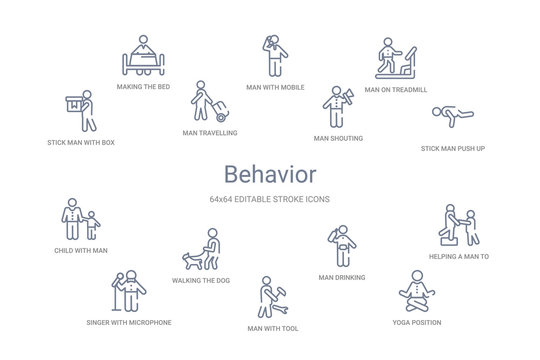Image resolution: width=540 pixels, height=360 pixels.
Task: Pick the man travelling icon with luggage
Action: (x=209, y=101)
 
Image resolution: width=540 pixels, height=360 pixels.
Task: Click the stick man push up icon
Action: (x=453, y=119)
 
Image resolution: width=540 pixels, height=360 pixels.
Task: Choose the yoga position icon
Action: (x=414, y=291)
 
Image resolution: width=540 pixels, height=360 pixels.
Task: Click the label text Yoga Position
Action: (x=414, y=322)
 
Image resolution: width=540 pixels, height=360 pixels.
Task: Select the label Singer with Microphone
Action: (x=128, y=323)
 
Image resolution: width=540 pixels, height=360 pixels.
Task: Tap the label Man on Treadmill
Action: (x=396, y=90)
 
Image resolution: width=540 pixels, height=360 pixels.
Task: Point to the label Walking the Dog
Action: (x=200, y=281)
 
